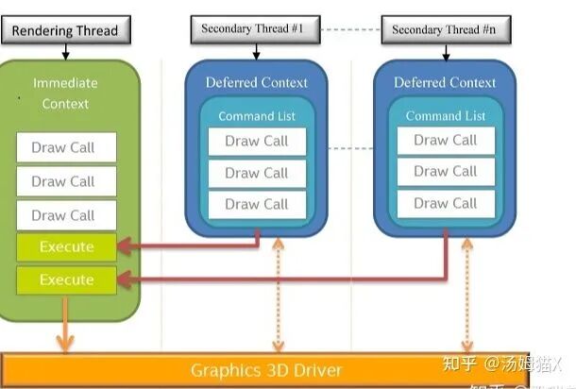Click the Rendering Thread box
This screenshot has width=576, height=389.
click(x=65, y=30)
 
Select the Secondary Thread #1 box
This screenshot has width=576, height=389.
click(x=252, y=28)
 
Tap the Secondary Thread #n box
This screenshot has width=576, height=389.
click(x=444, y=28)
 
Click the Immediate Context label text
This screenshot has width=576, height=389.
click(x=65, y=93)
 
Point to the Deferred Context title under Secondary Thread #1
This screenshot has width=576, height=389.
click(x=256, y=82)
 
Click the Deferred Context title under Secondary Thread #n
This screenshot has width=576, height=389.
click(x=445, y=82)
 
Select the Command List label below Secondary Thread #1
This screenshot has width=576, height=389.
click(x=257, y=116)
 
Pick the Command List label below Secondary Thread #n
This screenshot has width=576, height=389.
click(x=445, y=116)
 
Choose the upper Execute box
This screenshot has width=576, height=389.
click(x=66, y=247)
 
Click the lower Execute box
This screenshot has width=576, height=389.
click(x=66, y=280)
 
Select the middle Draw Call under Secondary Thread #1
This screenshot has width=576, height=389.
click(x=257, y=173)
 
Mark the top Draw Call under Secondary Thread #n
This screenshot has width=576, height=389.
click(x=445, y=140)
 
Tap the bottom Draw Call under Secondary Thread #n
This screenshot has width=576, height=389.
click(x=445, y=203)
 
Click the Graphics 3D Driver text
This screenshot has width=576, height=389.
click(x=266, y=369)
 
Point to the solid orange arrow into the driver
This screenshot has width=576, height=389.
click(x=64, y=327)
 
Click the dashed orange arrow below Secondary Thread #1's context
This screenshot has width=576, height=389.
click(x=278, y=294)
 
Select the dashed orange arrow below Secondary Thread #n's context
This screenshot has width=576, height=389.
click(x=466, y=294)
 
